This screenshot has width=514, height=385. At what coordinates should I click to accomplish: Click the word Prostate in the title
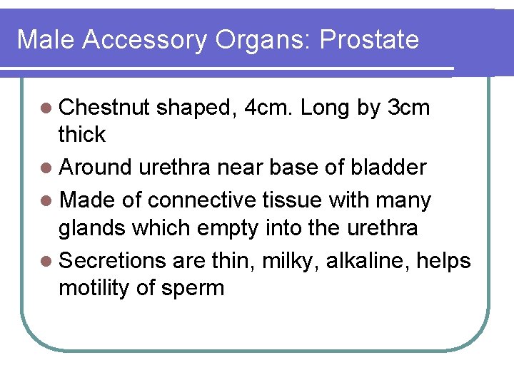(x=369, y=40)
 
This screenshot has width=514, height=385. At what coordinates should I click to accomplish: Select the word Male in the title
(x=46, y=40)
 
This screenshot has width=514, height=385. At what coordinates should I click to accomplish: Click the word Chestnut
(x=105, y=108)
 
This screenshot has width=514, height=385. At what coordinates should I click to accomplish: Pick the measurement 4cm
(x=268, y=108)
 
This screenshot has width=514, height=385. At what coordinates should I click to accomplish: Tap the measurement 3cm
(x=408, y=108)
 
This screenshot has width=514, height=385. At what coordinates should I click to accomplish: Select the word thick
(x=82, y=134)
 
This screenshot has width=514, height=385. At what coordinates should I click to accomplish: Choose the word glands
(x=93, y=228)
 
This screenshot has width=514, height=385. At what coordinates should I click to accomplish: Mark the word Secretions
(x=113, y=261)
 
